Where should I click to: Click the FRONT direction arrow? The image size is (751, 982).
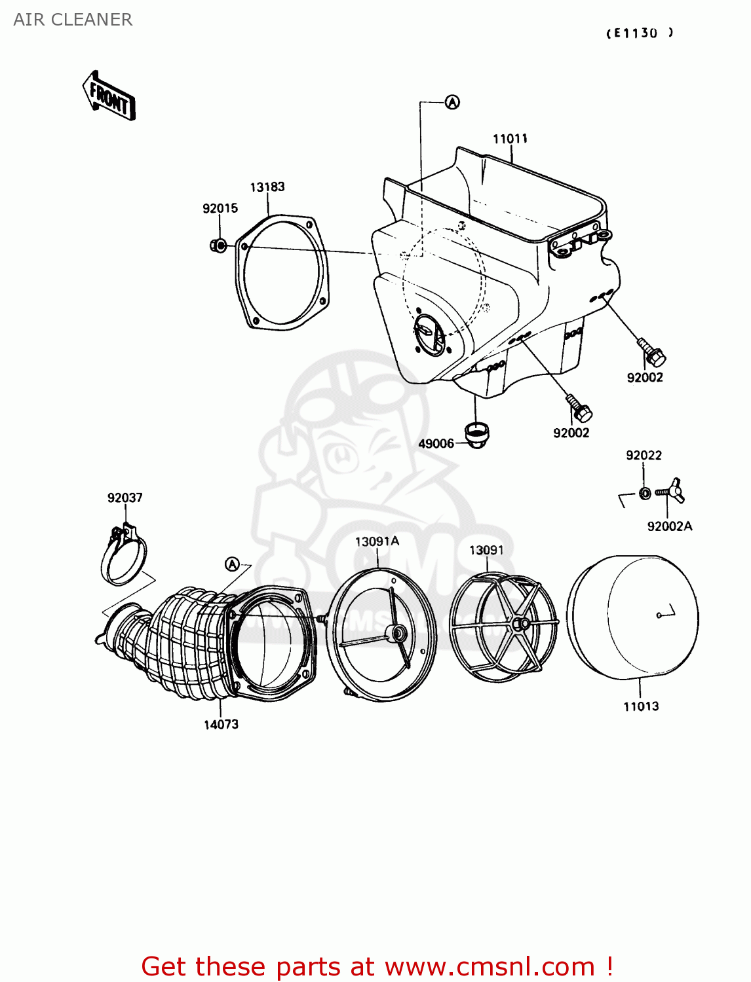pos(109,97)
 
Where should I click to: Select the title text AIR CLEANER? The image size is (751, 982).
pos(73,20)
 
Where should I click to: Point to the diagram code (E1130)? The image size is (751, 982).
pos(639,33)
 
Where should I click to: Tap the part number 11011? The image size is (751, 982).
pos(510,139)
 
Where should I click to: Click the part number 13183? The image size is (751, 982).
pos(267,187)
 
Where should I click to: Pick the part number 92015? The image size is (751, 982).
pos(220,209)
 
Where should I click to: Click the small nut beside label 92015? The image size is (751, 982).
pos(218,245)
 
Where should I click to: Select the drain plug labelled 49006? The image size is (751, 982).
pos(476,434)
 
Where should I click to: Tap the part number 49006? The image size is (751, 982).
pos(436,444)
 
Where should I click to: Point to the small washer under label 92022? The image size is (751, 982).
pos(645,493)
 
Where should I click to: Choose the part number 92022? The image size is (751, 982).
pos(644,456)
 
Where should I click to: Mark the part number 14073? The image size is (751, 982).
pos(221,725)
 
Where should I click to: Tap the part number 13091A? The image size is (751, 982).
pos(377,541)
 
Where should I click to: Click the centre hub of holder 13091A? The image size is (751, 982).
pos(396,633)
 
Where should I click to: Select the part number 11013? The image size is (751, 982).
pos(641,706)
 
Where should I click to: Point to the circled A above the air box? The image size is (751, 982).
pos(452,102)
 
